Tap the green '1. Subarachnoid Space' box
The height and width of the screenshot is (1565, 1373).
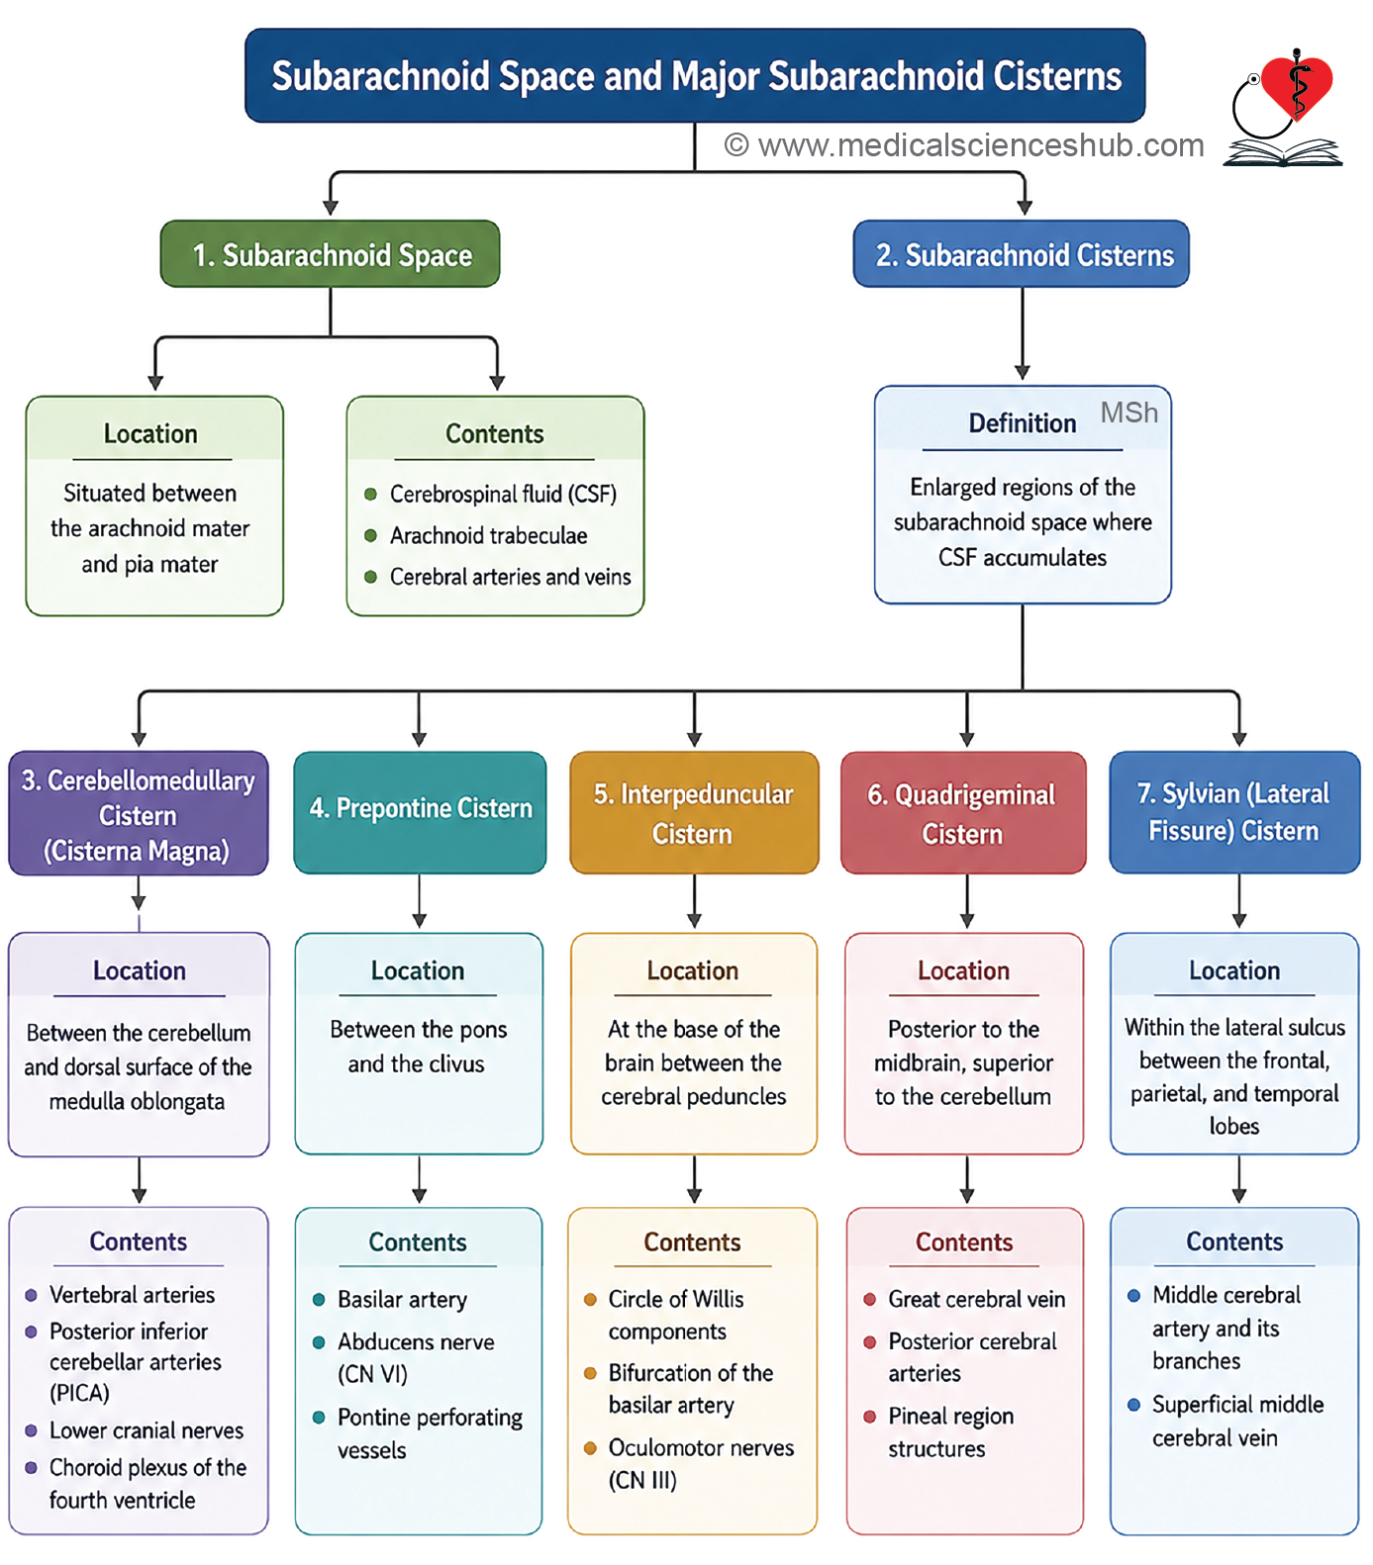pos(331,254)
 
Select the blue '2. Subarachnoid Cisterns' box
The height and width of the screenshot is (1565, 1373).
pos(1022,254)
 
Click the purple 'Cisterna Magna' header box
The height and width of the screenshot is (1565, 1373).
pos(139,814)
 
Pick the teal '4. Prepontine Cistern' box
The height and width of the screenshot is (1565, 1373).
pos(420,812)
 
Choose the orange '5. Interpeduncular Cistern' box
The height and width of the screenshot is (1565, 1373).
pos(694,812)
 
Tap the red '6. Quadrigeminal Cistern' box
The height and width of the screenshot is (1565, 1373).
pos(963,812)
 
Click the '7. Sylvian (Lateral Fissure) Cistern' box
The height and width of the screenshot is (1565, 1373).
pos(1234,812)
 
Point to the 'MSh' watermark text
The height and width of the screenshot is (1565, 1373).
pos(1129,413)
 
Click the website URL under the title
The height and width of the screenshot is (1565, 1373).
pos(964,145)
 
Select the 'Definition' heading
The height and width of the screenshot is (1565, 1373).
pos(1023,423)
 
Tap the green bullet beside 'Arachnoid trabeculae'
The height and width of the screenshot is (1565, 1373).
pos(370,535)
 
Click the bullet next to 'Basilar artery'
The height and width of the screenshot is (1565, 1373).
pos(319,1299)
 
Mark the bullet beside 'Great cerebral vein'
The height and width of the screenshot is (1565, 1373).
pos(869,1299)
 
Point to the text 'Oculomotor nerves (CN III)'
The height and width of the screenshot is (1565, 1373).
pos(701,1464)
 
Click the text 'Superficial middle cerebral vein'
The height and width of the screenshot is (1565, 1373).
pos(1237,1421)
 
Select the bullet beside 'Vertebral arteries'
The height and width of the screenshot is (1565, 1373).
pos(31,1295)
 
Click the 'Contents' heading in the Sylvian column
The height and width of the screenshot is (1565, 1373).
pos(1234,1242)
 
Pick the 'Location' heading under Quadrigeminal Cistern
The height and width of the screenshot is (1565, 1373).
pos(963,970)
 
